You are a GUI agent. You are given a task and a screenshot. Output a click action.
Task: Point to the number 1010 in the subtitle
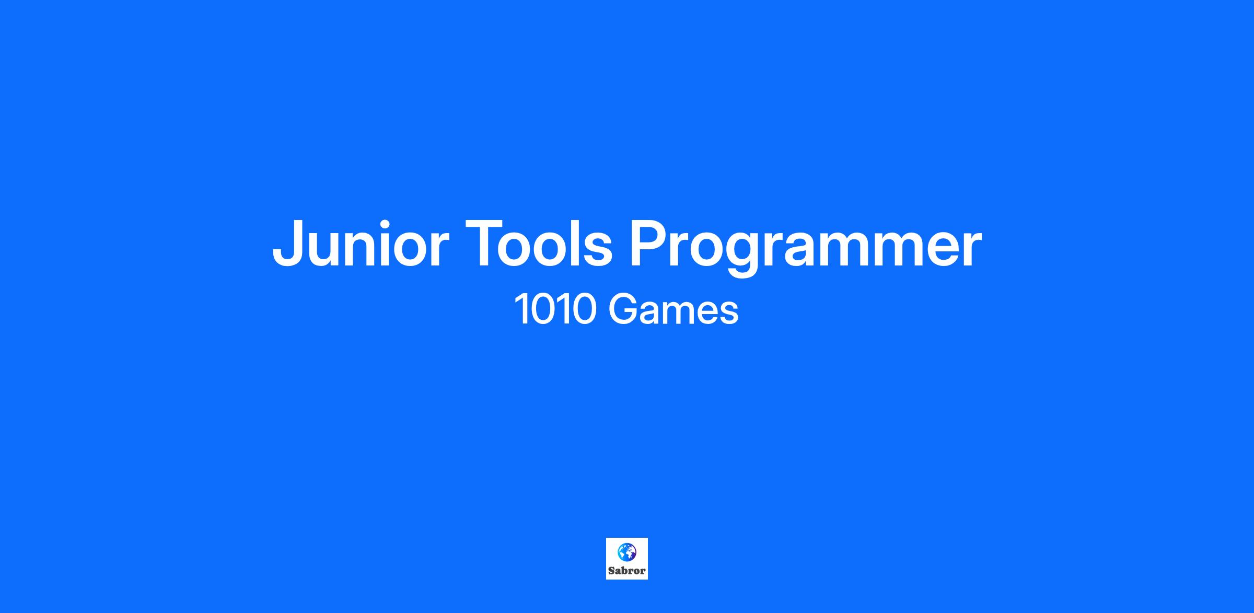point(555,309)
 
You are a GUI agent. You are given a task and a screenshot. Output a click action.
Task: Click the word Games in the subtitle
point(674,309)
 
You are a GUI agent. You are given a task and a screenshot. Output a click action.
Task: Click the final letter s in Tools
point(600,250)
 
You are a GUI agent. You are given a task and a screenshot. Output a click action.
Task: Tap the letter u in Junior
point(326,250)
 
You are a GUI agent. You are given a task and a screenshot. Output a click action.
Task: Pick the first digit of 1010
point(521,309)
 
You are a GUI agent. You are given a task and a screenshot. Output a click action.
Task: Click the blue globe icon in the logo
point(626,551)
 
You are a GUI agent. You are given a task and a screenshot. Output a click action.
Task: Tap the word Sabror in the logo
point(626,571)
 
